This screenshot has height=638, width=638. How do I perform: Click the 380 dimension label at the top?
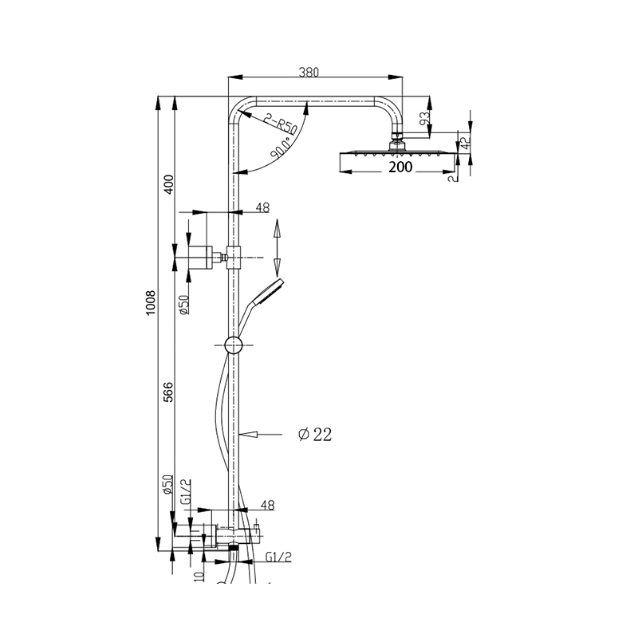coord(309,72)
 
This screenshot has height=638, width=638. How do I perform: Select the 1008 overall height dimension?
coord(151,302)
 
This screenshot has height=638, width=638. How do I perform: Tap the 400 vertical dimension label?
coord(168,184)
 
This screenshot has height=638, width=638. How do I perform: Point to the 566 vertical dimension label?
coord(168,392)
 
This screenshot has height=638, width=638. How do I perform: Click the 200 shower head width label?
coord(400,167)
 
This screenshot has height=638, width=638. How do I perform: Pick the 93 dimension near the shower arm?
coord(424,118)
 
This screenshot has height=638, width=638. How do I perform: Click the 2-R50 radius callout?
coord(280,124)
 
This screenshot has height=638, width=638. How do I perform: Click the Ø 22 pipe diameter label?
coord(315,435)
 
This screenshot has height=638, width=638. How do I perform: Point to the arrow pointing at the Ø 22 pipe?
coord(261,435)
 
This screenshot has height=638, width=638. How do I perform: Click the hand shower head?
coord(268,292)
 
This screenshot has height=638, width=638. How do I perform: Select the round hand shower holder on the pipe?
coord(234,345)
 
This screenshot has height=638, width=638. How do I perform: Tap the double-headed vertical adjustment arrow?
coord(277,248)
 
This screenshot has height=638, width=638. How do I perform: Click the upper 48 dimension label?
coord(262,207)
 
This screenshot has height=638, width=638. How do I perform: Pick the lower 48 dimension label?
coord(267,506)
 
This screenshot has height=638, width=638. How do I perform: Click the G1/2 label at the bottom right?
coord(278,557)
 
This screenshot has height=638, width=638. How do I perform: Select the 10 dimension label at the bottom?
coord(199,576)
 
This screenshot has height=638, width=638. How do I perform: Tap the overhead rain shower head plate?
coord(397,154)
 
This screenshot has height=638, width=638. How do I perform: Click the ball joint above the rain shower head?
coord(397,145)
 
